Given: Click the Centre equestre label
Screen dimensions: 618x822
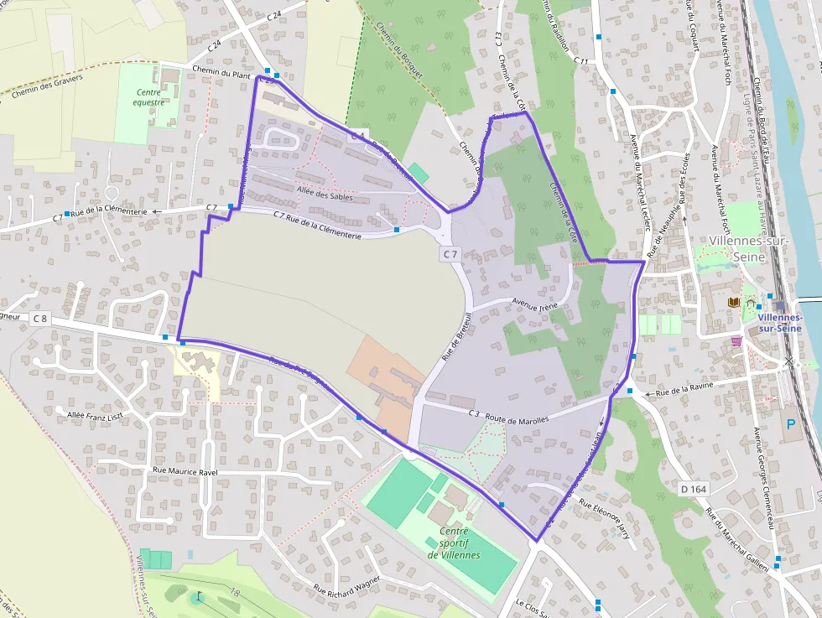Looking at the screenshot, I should click(x=148, y=97).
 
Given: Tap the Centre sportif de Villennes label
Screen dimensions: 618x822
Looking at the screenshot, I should click(x=454, y=543).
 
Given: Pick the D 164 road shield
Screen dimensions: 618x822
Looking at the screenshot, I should click(x=690, y=488).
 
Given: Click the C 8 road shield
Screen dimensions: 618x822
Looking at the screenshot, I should click(x=40, y=319).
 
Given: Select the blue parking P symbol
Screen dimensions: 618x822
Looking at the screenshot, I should click(x=789, y=424).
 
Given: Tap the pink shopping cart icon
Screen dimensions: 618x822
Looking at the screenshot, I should click(x=736, y=341).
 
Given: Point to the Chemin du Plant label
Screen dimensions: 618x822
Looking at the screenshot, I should click(x=221, y=74).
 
